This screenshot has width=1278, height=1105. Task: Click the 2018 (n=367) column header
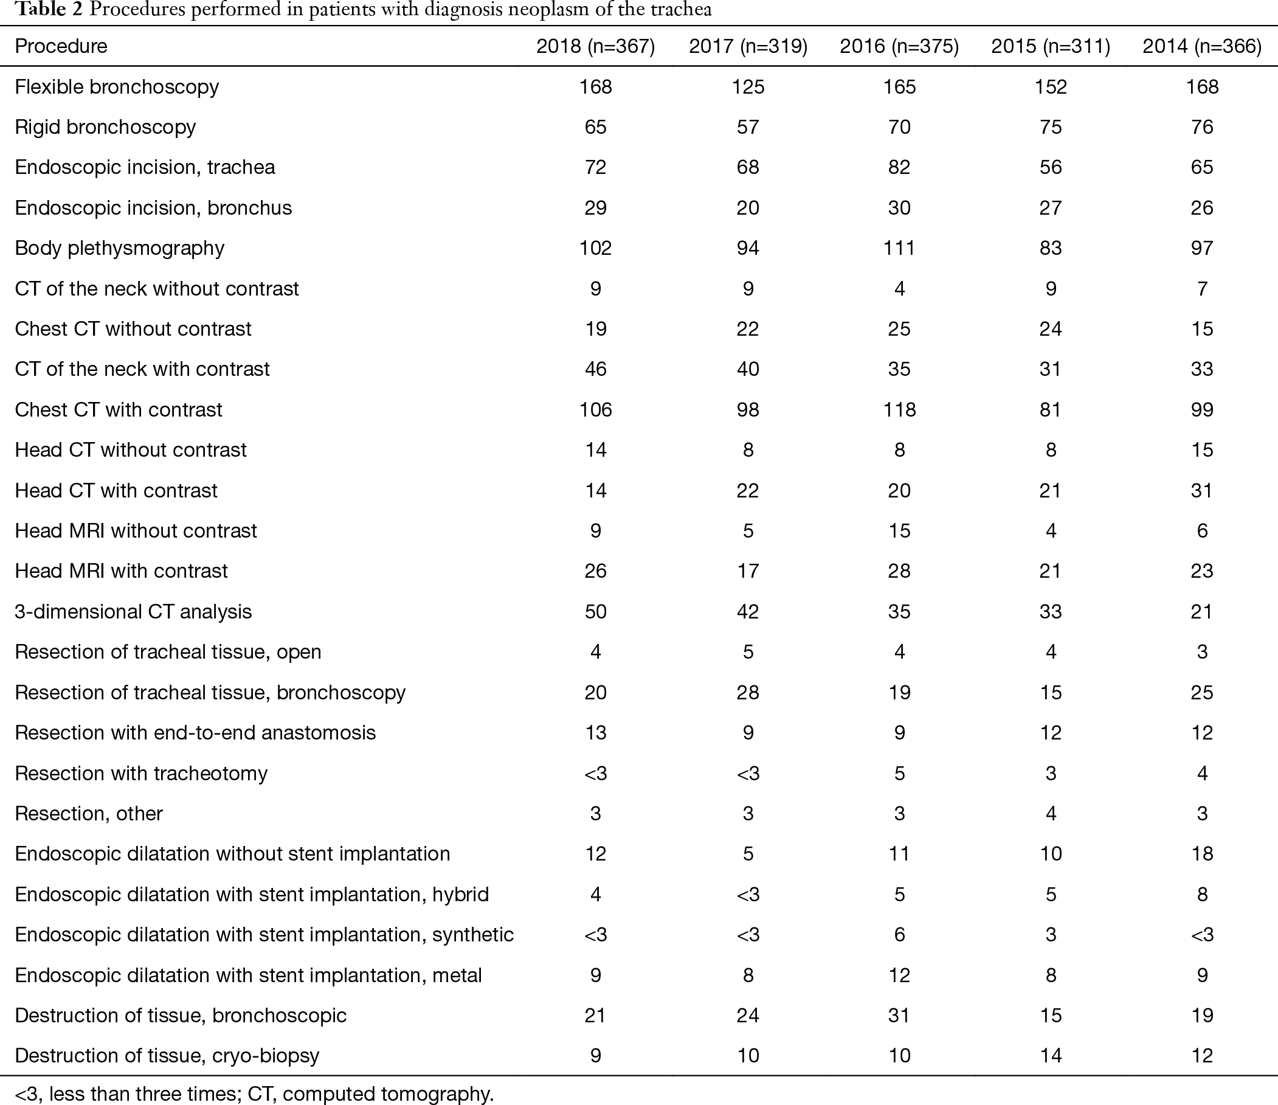coord(595,46)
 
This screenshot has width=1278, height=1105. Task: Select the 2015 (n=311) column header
coord(1051,46)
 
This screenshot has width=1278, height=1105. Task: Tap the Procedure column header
coord(61,46)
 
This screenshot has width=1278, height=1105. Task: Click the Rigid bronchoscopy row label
coord(105,127)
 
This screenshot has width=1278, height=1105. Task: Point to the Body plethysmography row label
coord(120,248)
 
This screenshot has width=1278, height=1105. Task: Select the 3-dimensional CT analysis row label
coord(133,611)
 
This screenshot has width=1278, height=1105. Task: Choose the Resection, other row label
coord(89,814)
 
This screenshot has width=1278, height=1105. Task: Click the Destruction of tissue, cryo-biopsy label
coord(167,1056)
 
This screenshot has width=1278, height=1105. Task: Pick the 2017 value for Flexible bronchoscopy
coord(748,86)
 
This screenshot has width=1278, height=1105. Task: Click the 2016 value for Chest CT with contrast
coord(899,410)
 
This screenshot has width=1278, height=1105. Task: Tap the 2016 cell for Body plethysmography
coord(899,248)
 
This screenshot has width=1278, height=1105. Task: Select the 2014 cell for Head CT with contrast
coord(1202,491)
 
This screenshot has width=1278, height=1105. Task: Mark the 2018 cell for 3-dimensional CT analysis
coord(595,611)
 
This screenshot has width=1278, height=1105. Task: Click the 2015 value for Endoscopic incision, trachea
coord(1051,167)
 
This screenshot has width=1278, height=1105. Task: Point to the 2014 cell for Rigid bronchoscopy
coord(1202,127)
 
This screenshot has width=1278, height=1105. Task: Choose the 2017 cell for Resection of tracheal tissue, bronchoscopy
coord(748,692)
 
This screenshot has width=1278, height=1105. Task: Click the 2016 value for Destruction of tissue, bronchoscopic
coord(899,1016)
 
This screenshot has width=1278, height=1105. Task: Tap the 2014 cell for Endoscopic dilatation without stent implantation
coord(1202,854)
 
